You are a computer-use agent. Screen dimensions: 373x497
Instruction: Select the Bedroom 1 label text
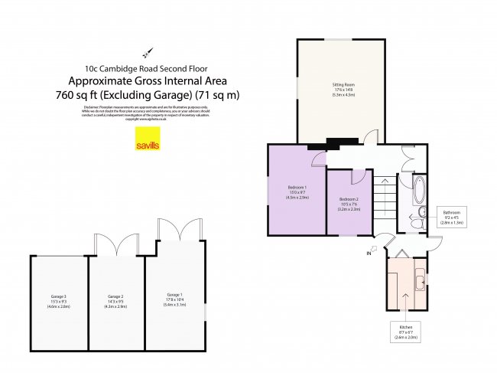click(297, 192)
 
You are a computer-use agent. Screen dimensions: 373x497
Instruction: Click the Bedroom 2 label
click(349, 203)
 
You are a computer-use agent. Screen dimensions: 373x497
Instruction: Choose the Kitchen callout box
click(405, 332)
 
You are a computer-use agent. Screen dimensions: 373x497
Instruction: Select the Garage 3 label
click(59, 299)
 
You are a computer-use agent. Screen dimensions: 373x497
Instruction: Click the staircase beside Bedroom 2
click(385, 199)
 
